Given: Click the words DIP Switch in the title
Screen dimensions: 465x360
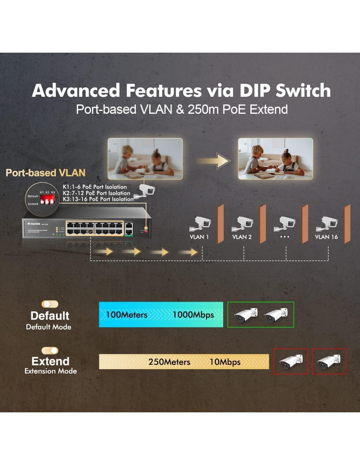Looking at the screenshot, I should click(x=285, y=91).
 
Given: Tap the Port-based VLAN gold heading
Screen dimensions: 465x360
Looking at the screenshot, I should click(x=45, y=173).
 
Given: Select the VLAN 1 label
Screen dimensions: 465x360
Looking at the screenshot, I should click(x=199, y=237).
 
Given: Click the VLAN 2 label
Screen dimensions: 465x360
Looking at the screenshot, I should click(x=242, y=237).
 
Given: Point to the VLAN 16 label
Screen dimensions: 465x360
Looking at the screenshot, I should click(x=326, y=237).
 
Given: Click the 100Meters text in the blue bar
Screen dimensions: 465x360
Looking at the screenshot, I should click(x=127, y=315).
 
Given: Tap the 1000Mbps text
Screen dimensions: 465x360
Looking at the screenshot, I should click(x=193, y=315).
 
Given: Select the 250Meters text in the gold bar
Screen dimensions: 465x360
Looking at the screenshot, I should click(x=169, y=362).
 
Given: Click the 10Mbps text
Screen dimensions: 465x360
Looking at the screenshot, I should click(x=225, y=362).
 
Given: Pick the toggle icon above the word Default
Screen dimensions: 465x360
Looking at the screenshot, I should click(x=50, y=304).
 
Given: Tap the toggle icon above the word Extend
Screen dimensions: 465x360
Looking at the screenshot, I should click(x=50, y=351).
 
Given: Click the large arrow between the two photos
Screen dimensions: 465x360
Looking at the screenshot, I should click(x=213, y=161).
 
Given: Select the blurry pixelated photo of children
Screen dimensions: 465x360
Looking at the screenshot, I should click(x=145, y=159).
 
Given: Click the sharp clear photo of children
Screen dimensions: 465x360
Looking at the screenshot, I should click(x=275, y=159).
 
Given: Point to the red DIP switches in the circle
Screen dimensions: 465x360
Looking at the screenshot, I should click(x=47, y=200).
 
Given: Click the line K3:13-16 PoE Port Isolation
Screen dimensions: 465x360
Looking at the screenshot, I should click(x=98, y=199).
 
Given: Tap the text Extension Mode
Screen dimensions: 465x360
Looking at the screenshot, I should click(x=51, y=371).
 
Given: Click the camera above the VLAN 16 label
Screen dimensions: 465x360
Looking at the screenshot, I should click(x=327, y=223).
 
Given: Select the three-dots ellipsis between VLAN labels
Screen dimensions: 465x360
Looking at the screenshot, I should click(x=284, y=237).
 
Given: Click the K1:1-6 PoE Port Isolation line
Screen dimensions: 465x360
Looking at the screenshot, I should click(x=95, y=187).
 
